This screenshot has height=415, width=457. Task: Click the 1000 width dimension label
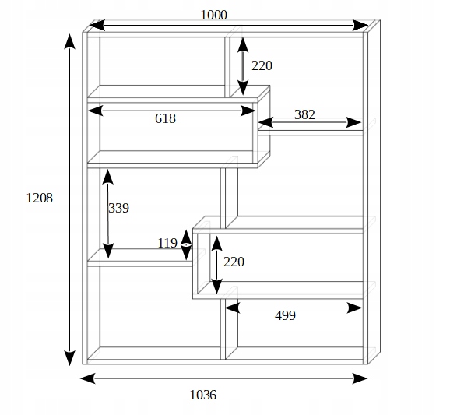tap(214, 15)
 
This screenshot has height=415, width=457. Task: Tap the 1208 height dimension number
tap(40, 199)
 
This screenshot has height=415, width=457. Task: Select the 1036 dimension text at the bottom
tap(203, 396)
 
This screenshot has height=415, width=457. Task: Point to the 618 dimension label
tap(165, 118)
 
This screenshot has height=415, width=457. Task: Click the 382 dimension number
tap(304, 114)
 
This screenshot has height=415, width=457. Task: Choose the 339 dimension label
tap(118, 208)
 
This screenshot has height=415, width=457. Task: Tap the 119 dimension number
tap(167, 243)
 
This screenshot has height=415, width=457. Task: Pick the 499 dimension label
tap(286, 315)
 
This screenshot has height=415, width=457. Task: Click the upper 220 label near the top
tap(262, 65)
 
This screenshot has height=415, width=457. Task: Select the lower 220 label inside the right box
tap(234, 262)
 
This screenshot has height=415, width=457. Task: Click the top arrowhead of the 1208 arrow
tap(69, 41)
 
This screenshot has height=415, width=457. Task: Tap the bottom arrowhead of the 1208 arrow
tap(69, 358)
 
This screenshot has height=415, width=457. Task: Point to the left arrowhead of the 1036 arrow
tap(87, 378)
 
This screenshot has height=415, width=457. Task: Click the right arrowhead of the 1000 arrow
tap(360, 26)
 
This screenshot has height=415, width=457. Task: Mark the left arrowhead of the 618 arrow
tap(95, 111)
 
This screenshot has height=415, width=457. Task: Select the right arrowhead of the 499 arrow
tap(355, 308)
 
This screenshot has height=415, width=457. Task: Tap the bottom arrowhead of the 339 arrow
tap(108, 251)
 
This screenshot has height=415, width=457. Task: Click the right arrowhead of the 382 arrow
tap(353, 122)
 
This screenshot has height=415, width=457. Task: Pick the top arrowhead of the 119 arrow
tap(186, 237)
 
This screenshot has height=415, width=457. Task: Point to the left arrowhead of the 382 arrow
tap(265, 122)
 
